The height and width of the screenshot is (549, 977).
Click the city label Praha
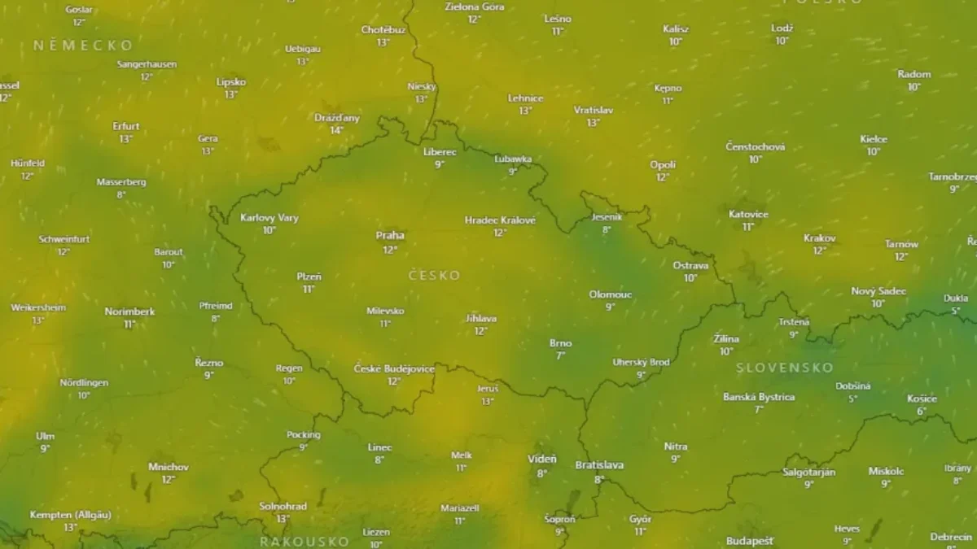(x=390, y=235)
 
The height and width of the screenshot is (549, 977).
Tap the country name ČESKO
(x=434, y=276)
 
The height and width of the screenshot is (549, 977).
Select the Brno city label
(x=560, y=342)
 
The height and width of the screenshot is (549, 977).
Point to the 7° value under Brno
(x=560, y=355)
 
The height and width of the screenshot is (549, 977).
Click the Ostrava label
(x=690, y=265)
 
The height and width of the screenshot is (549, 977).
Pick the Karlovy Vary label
(x=269, y=217)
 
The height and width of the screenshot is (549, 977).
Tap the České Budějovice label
(x=394, y=368)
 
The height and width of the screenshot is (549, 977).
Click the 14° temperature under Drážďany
(x=336, y=130)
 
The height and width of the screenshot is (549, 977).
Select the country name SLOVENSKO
(x=784, y=368)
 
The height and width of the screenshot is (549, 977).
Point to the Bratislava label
(x=599, y=465)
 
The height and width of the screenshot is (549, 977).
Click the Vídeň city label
(x=542, y=459)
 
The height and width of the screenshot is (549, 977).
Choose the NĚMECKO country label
(x=83, y=46)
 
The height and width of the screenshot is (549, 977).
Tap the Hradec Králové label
(x=500, y=220)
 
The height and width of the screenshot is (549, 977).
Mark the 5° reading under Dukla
(x=956, y=311)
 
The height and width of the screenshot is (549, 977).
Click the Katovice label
(x=748, y=214)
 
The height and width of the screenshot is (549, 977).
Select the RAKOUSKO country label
(x=304, y=541)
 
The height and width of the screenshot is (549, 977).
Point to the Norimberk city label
(x=129, y=312)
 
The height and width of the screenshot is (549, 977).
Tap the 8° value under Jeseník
(x=607, y=230)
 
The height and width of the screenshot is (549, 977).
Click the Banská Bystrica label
(x=759, y=397)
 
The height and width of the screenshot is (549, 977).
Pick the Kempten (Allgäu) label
(x=70, y=515)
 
